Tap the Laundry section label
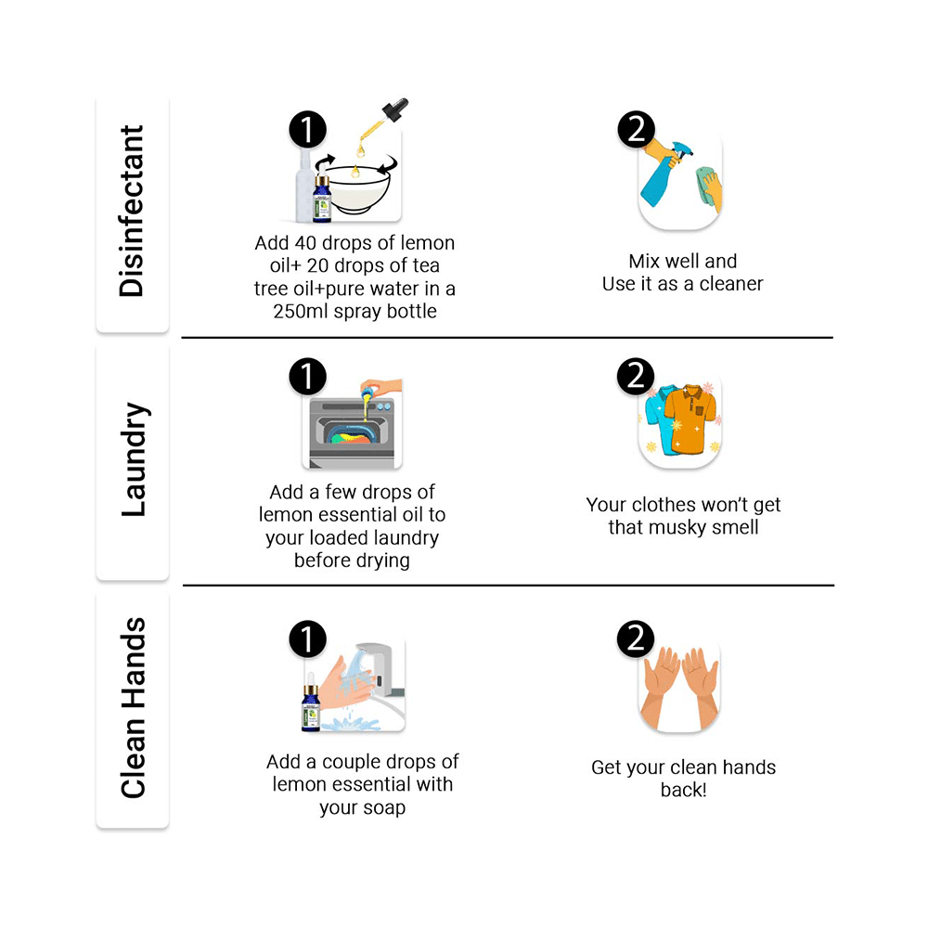point(133,459)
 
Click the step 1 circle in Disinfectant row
point(307,130)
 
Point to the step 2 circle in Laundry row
point(636,377)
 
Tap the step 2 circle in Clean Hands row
point(636,638)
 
